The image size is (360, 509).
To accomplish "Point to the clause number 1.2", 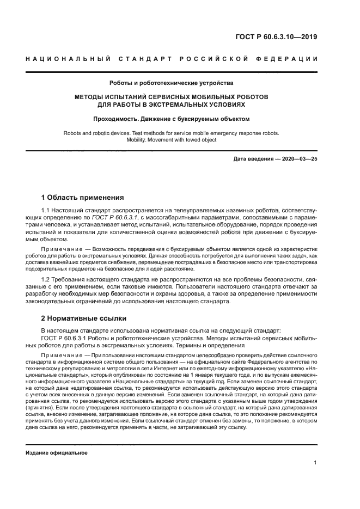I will tap(46, 278).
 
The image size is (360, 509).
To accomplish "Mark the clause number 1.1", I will tap(46, 209).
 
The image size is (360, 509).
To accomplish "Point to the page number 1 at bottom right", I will tap(315, 462).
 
